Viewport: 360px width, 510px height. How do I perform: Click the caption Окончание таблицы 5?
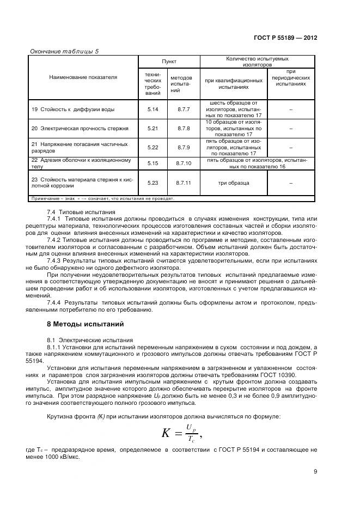coord(64,51)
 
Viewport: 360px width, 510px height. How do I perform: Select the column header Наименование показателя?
coord(83,77)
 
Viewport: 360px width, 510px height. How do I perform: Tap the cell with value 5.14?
coord(153,110)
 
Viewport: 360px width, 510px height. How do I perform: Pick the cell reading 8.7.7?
coord(184,110)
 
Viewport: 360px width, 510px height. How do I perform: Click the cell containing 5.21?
coord(153,129)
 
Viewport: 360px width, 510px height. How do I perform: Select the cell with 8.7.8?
coord(184,129)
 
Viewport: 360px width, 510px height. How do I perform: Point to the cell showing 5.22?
coord(153,147)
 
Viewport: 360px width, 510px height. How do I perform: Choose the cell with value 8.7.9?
coord(184,147)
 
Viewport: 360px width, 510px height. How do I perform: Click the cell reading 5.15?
coord(153,163)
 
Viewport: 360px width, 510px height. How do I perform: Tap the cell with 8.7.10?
coord(184,163)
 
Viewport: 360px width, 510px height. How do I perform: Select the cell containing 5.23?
coord(153,183)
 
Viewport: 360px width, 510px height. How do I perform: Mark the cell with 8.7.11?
coord(184,183)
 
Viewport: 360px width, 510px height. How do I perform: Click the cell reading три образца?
coord(234,183)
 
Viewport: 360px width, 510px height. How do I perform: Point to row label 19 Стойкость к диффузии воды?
coord(73,110)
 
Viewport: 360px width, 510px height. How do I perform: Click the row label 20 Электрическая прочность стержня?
coord(80,129)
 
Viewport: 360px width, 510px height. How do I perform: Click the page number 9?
coord(315,472)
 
